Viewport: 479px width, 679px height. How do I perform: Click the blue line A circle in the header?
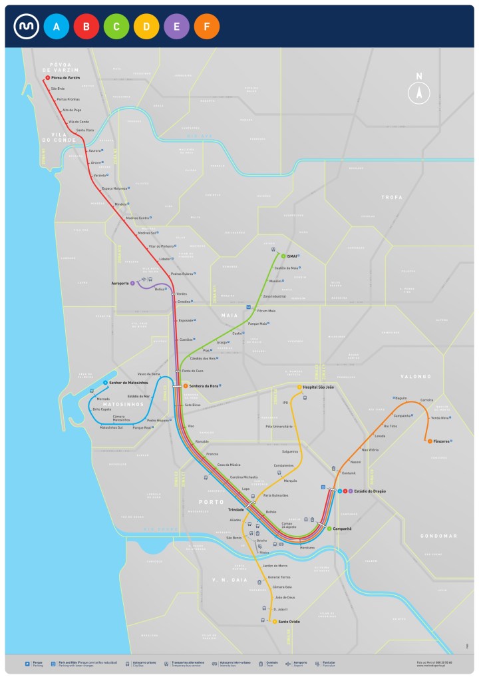57,27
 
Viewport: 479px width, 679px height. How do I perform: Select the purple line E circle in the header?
177,27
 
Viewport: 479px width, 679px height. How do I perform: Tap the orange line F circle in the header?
207,27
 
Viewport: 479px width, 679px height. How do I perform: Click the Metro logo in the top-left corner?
26,27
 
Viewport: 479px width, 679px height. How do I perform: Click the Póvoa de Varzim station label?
65,78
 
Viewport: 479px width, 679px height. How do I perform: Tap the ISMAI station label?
291,256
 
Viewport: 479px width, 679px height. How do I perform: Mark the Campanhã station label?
342,529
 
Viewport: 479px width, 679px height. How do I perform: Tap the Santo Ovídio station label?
289,622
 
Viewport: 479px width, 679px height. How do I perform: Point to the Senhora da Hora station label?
204,386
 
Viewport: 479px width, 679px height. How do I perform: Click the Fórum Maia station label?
266,311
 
